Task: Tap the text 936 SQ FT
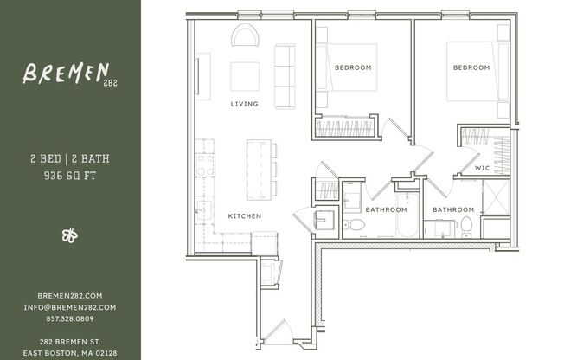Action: [x=71, y=175]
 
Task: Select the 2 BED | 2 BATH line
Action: [x=71, y=159]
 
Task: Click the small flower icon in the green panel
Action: [x=70, y=235]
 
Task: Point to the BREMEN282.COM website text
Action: [x=71, y=295]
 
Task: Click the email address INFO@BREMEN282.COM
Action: [x=71, y=306]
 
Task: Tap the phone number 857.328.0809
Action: [x=71, y=318]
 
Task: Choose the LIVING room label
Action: [x=245, y=104]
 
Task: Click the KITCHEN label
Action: [x=245, y=215]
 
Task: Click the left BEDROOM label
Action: [x=353, y=67]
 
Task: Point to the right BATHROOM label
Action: [x=453, y=209]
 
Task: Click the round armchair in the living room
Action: [x=245, y=36]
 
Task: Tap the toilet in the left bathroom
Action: [x=356, y=225]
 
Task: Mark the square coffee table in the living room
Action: [x=245, y=76]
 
